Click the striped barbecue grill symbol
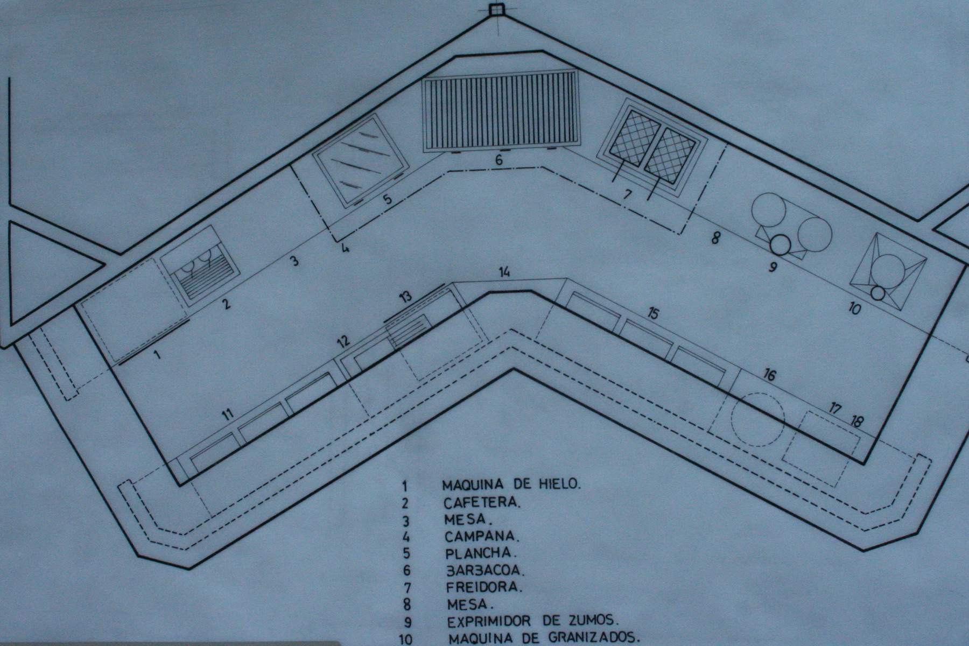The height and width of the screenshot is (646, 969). pyautogui.click(x=500, y=111)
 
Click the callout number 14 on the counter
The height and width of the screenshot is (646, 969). pyautogui.click(x=504, y=272)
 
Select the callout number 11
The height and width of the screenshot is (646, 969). pyautogui.click(x=228, y=414)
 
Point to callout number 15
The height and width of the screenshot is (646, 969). pyautogui.click(x=653, y=313)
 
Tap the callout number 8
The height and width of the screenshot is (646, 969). pyautogui.click(x=715, y=237)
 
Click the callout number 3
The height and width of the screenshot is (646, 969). pyautogui.click(x=293, y=261)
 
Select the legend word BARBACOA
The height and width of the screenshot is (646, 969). pyautogui.click(x=486, y=570)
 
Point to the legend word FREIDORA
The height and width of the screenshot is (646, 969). pyautogui.click(x=484, y=586)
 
